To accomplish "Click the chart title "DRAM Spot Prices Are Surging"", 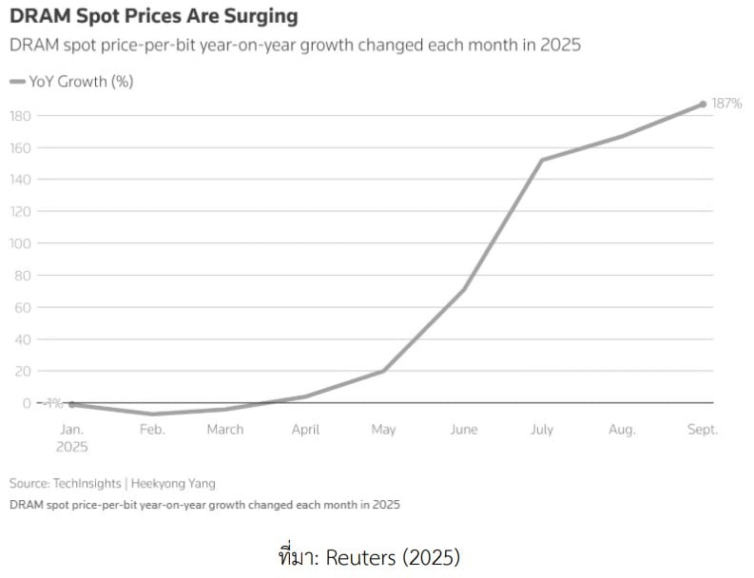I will [153, 16].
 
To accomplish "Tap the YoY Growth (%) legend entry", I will [71, 82].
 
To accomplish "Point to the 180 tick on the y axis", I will [21, 116].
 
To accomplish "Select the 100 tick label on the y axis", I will [21, 243].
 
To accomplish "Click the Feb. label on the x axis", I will [152, 430].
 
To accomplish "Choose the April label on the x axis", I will [305, 430].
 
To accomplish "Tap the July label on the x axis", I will [541, 430].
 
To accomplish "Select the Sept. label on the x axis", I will [702, 430].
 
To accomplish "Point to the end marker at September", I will [703, 104].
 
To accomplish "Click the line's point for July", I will [541, 160].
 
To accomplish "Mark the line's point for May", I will [383, 371].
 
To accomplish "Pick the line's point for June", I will [463, 289].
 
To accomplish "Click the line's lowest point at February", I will [151, 414].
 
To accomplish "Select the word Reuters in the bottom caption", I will [358, 557].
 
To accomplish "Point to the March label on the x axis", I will [225, 430].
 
